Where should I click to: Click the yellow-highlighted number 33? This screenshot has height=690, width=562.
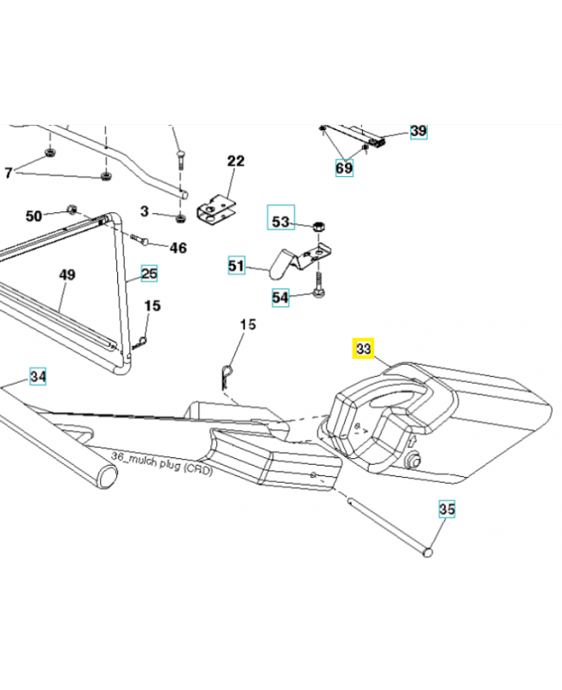point(363,349)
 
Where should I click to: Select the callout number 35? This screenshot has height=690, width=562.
point(446,510)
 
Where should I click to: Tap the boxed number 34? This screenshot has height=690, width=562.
point(38,376)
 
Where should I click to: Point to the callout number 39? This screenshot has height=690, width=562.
point(418,131)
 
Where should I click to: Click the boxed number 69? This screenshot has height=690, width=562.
point(344,167)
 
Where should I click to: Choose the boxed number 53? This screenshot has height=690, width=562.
point(281,222)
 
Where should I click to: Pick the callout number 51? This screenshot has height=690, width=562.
point(236,267)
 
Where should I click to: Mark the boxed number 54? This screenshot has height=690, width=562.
point(281,298)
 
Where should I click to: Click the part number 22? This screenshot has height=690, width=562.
point(236,161)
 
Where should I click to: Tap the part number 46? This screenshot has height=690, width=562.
point(178,248)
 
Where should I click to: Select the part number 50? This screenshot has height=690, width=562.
point(34,215)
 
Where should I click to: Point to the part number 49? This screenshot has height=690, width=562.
point(67,275)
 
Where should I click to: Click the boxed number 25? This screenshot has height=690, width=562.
point(150,274)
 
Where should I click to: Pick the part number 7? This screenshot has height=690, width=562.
point(9,173)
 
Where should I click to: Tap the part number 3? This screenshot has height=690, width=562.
point(144,211)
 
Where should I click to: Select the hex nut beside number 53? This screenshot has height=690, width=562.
point(317,223)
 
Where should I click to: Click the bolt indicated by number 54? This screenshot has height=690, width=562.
point(319,285)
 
